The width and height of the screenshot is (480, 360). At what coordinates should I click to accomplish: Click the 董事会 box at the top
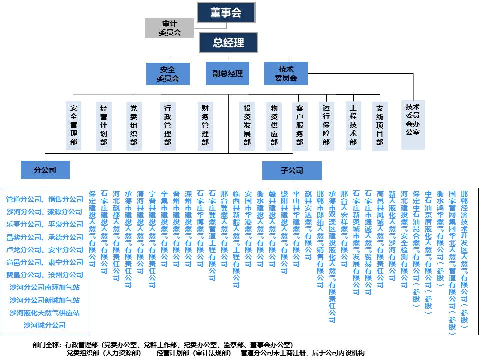pos(226,13)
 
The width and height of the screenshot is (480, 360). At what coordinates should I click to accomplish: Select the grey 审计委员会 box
pos(170,28)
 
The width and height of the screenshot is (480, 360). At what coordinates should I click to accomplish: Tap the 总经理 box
pos(228,42)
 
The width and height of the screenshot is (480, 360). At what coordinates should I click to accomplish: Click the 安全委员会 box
pos(168,74)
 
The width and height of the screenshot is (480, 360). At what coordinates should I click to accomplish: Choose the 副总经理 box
pos(228,74)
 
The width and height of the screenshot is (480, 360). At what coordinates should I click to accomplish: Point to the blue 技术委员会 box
pos(286,74)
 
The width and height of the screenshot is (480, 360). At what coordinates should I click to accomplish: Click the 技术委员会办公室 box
pos(413,125)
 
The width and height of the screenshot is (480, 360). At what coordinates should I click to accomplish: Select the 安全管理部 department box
pos(74,126)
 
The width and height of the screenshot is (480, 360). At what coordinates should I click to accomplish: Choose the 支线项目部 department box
pos(380,126)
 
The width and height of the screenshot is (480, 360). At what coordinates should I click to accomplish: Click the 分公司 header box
pos(45,170)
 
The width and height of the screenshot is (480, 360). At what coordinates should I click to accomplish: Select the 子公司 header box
pos(292,171)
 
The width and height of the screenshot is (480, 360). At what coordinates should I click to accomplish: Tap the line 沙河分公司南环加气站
pos(45,288)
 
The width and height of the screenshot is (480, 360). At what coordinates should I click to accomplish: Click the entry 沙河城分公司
pos(45,325)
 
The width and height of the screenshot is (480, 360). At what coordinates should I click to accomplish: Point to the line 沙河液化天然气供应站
pos(45,313)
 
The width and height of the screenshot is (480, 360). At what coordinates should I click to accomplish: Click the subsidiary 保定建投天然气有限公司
pos(92,228)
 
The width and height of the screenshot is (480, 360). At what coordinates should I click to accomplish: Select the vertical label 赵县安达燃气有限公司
pos(308,225)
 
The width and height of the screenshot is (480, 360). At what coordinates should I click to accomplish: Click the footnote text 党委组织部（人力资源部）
pos(104,353)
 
